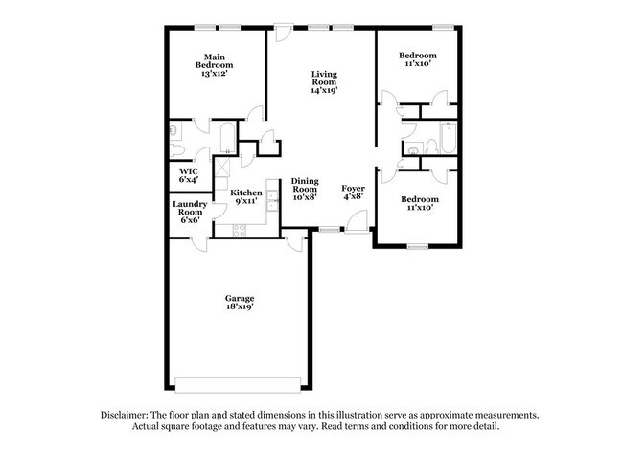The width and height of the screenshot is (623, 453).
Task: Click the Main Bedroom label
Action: pyautogui.click(x=215, y=65)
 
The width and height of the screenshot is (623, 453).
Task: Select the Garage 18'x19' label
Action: pyautogui.click(x=239, y=303)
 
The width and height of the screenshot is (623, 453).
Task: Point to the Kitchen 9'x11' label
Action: pyautogui.click(x=245, y=196)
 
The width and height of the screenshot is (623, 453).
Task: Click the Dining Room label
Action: pyautogui.click(x=305, y=189)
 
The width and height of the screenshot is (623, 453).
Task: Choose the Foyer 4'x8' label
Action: pyautogui.click(x=353, y=193)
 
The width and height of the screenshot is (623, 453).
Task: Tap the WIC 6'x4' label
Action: pyautogui.click(x=188, y=176)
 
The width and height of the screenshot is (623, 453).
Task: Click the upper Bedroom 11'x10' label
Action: pyautogui.click(x=417, y=59)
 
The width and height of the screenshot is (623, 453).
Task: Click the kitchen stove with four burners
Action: pyautogui.click(x=239, y=229)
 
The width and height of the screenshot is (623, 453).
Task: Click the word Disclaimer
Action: pyautogui.click(x=127, y=415)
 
